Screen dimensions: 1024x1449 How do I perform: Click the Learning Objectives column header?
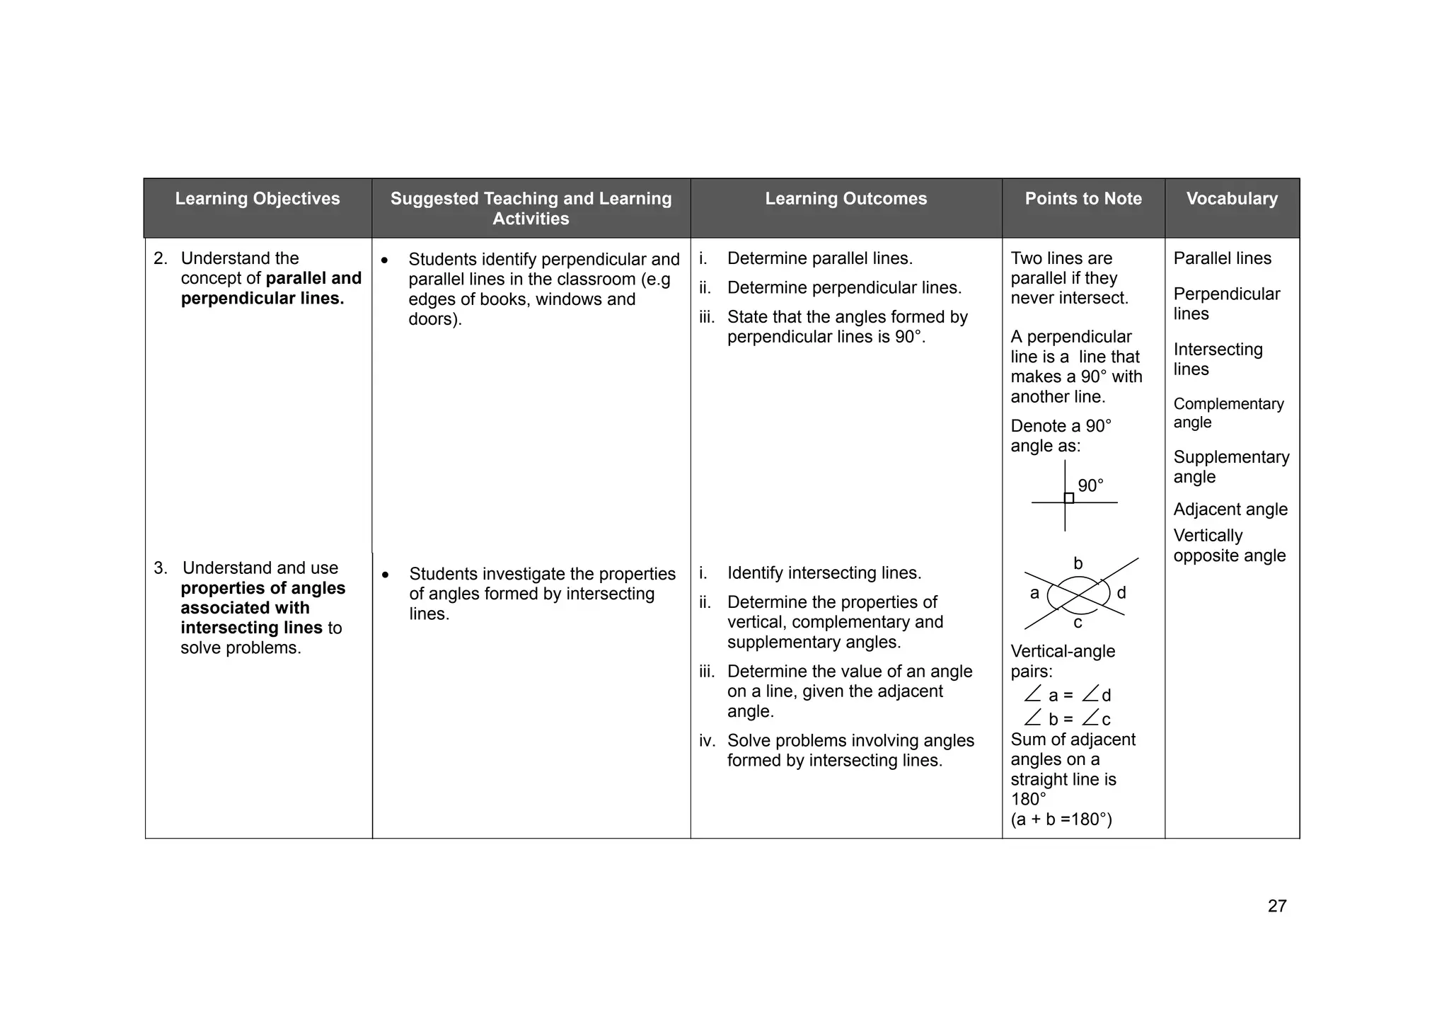point(258,199)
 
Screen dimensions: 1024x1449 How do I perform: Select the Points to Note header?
point(1083,199)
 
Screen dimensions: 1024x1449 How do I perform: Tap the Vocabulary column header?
point(1232,199)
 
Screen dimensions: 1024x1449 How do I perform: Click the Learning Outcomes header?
point(845,199)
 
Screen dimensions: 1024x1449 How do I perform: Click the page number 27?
point(1277,906)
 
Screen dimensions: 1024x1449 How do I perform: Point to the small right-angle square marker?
point(1069,498)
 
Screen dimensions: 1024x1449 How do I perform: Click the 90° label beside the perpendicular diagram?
point(1090,485)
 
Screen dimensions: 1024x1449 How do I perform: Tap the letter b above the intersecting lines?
point(1078,563)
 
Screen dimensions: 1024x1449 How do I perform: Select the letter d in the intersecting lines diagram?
point(1121,593)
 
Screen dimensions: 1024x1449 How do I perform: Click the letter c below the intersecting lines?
point(1078,623)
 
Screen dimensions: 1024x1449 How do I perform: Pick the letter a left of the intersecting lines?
point(1034,593)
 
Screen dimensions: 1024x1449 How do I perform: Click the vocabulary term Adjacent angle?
point(1230,510)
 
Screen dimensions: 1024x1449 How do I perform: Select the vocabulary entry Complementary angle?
point(1228,413)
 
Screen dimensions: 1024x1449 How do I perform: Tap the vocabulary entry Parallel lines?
point(1222,258)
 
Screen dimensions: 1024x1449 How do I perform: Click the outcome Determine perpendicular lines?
point(844,288)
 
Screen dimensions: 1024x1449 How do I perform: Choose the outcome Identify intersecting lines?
point(824,573)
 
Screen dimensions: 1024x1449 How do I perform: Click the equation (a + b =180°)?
point(1061,819)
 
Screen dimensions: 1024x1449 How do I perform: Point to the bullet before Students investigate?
point(385,575)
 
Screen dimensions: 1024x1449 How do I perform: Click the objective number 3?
point(161,568)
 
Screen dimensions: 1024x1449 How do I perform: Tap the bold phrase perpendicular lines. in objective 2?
point(262,299)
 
